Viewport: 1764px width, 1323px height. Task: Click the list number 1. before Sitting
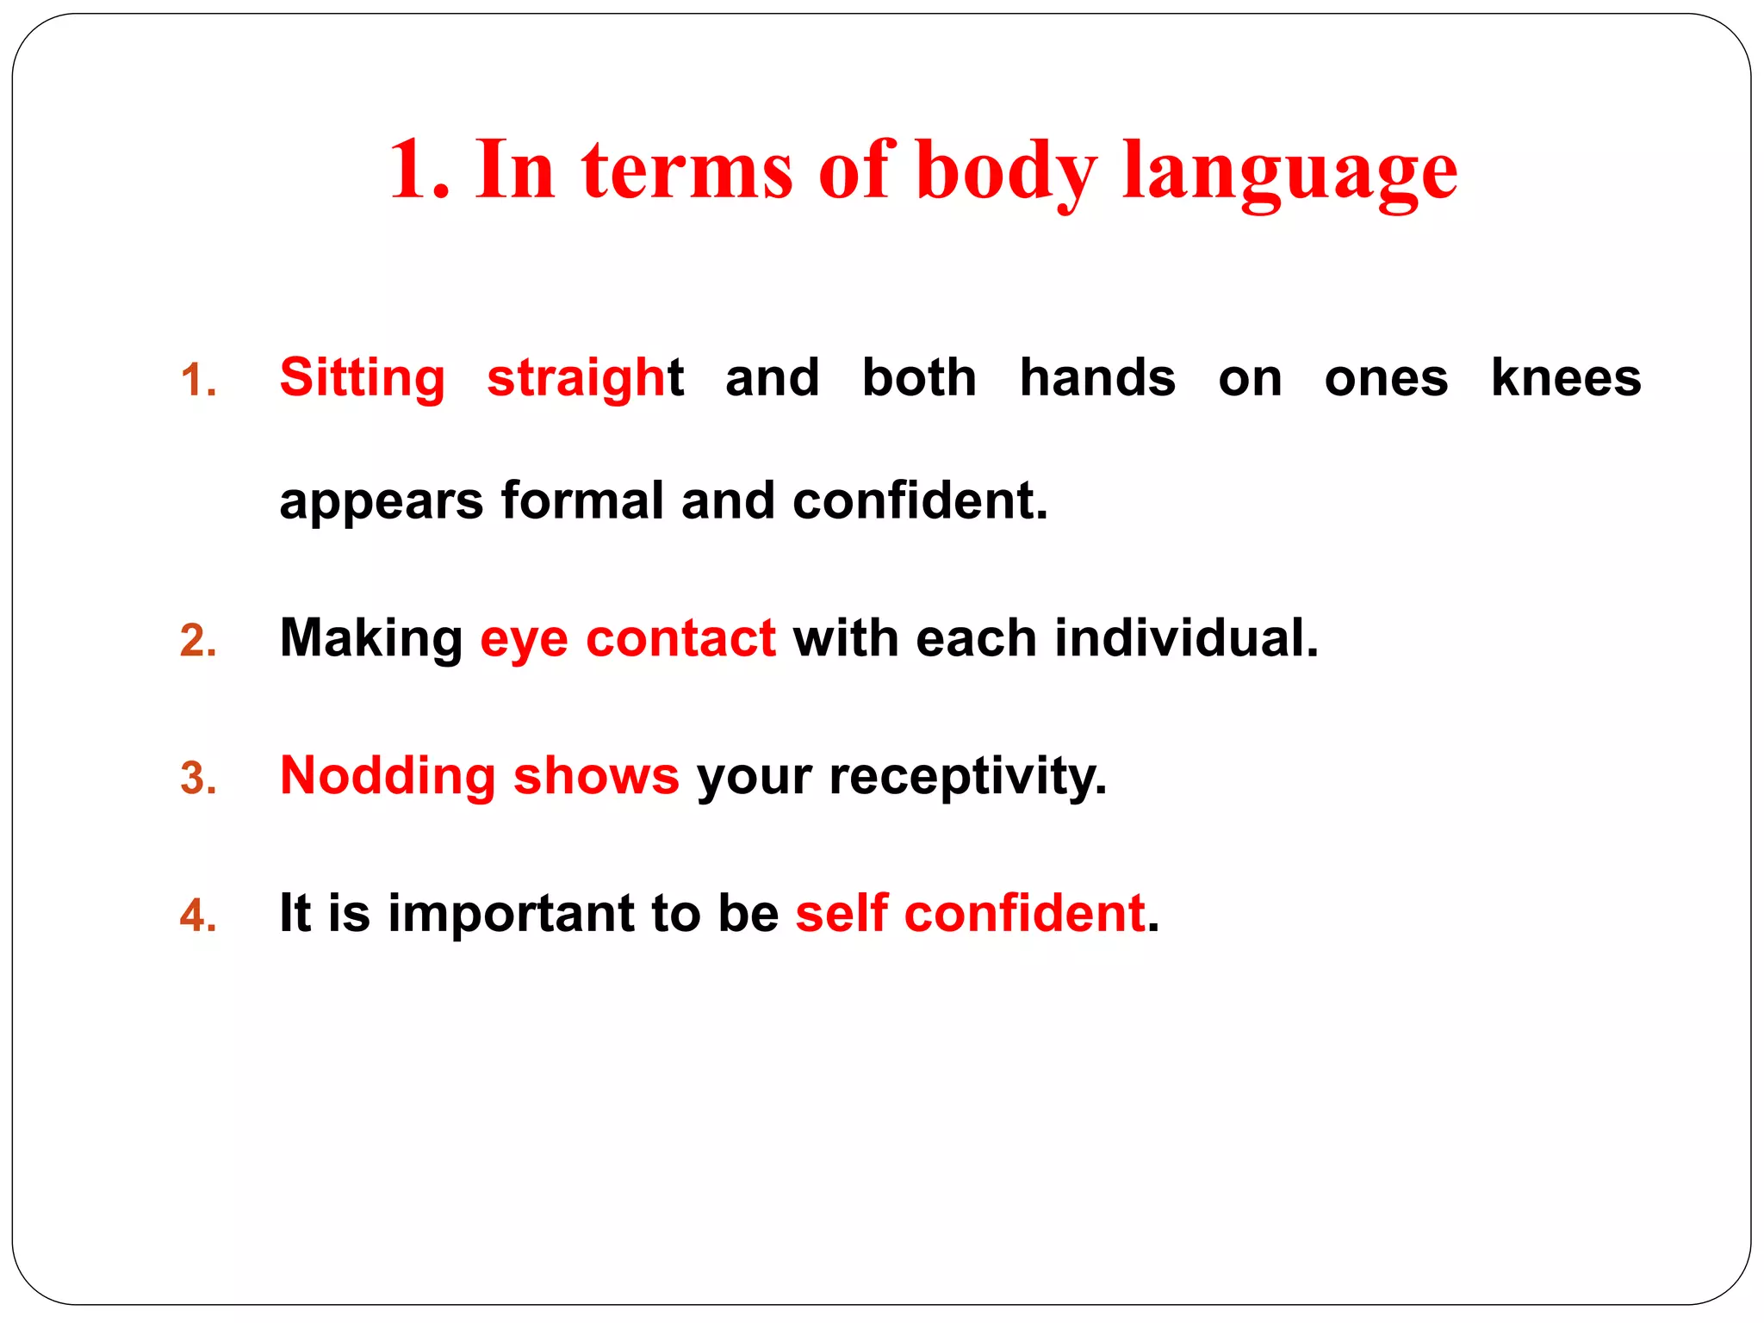(x=198, y=380)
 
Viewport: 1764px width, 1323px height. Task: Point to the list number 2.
(x=198, y=641)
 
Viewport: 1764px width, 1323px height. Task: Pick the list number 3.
(x=198, y=778)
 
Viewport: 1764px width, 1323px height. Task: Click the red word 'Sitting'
(x=362, y=378)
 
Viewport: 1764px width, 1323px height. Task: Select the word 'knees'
(x=1566, y=378)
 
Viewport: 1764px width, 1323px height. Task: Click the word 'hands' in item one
(x=1097, y=378)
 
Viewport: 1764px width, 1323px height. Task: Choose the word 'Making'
(x=371, y=639)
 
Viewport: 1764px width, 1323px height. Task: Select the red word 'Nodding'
(x=388, y=776)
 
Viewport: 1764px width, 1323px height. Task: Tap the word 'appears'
(x=382, y=502)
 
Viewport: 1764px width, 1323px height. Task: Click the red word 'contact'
(x=680, y=639)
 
